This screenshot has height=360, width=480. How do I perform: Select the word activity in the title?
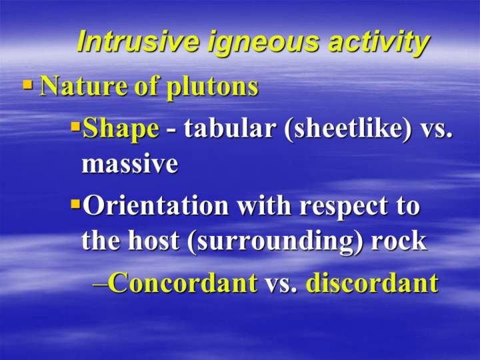coord(379,43)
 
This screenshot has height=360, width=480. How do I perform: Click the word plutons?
coord(212,87)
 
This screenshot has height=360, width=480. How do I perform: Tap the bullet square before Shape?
coord(75,126)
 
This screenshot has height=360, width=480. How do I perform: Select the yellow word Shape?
coord(121,129)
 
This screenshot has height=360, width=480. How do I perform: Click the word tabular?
coord(229,127)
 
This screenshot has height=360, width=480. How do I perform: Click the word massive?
coord(129,164)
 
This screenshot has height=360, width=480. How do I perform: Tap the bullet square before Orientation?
coord(75,203)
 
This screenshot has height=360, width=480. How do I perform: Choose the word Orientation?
coord(156,205)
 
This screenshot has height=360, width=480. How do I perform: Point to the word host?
coord(153,240)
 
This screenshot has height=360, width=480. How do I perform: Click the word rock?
coord(399,240)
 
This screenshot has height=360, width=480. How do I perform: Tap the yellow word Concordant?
coord(183,283)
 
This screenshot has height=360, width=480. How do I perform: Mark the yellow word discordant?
coord(372,282)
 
